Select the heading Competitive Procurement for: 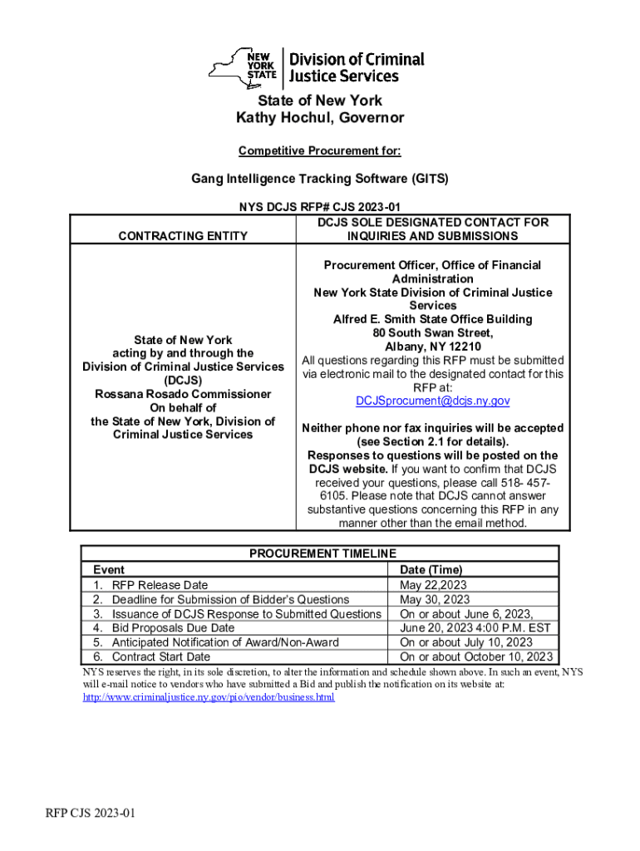pyautogui.click(x=319, y=150)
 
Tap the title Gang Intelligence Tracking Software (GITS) pyautogui.click(x=319, y=178)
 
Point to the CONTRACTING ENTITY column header pyautogui.click(x=183, y=236)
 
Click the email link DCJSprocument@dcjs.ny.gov pyautogui.click(x=432, y=401)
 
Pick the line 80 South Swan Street pyautogui.click(x=432, y=333)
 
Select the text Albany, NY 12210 pyautogui.click(x=432, y=347)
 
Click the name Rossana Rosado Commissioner pyautogui.click(x=183, y=394)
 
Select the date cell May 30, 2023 pyautogui.click(x=435, y=599)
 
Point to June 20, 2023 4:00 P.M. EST pyautogui.click(x=475, y=628)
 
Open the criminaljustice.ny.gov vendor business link pyautogui.click(x=209, y=697)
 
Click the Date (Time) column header pyautogui.click(x=431, y=570)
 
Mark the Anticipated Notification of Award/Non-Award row pyautogui.click(x=226, y=642)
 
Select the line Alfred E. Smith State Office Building pyautogui.click(x=432, y=319)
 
